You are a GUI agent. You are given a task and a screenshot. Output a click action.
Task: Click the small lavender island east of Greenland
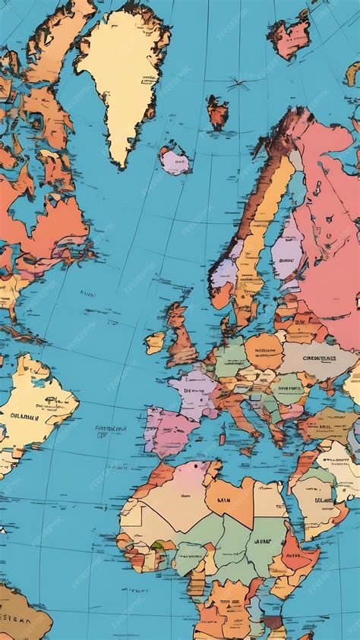pyautogui.click(x=175, y=160)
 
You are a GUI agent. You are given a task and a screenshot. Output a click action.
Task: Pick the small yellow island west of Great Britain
pyautogui.click(x=155, y=342)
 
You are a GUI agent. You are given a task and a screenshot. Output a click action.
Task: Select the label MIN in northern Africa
pyautogui.click(x=223, y=500)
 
